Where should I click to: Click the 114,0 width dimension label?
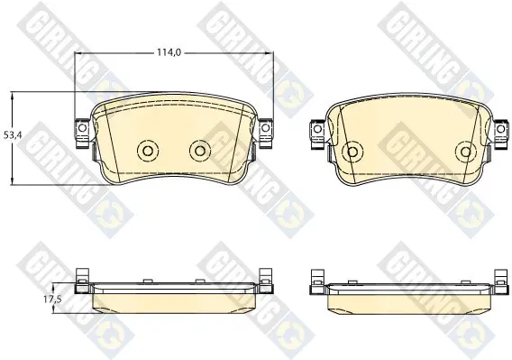[169, 52]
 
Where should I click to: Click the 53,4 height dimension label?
[13, 134]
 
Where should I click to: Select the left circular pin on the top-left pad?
[148, 151]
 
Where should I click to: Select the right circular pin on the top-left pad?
[200, 151]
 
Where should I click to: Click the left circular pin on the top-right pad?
[352, 152]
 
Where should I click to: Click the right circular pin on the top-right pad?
[465, 152]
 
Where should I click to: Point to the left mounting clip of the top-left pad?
[82, 133]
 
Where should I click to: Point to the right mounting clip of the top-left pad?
[266, 133]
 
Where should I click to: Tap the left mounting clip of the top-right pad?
[317, 134]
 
